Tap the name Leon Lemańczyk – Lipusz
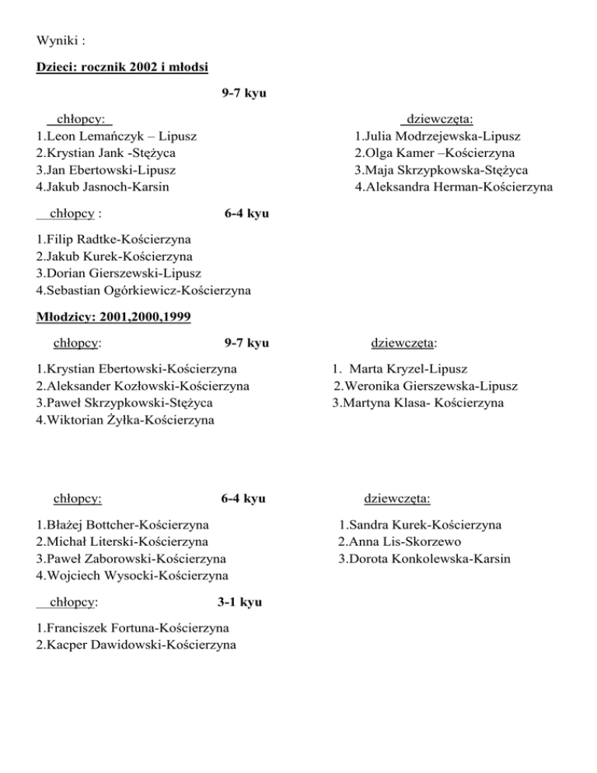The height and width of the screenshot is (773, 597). coord(116,136)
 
